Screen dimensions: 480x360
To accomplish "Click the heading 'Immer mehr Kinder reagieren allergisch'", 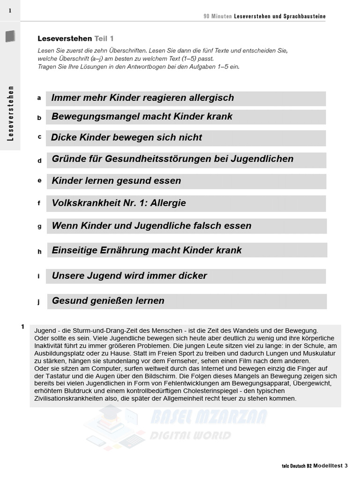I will pyautogui.click(x=142, y=98).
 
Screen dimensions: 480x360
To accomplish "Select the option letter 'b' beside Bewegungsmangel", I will pyautogui.click(x=39, y=118).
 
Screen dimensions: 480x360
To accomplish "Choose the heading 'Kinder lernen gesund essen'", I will pyautogui.click(x=116, y=181).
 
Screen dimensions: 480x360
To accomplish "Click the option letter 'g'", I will pyautogui.click(x=39, y=226).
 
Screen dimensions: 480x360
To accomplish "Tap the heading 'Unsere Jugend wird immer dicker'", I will pyautogui.click(x=129, y=276).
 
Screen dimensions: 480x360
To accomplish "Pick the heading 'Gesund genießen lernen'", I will pyautogui.click(x=108, y=301).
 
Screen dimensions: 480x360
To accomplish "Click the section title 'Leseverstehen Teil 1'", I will pyautogui.click(x=75, y=38).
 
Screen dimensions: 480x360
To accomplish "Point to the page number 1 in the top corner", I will pyautogui.click(x=10, y=10).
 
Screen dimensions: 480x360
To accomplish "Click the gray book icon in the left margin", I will pyautogui.click(x=10, y=36).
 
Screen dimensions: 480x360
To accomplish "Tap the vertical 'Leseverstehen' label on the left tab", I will pyautogui.click(x=10, y=113).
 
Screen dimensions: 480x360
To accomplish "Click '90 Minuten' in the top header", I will pyautogui.click(x=217, y=16).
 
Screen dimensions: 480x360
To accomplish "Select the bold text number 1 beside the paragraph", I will pyautogui.click(x=22, y=327).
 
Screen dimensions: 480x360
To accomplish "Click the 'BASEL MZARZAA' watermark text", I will pyautogui.click(x=209, y=417).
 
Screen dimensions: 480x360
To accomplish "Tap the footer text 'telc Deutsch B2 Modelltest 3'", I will pyautogui.click(x=315, y=465).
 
